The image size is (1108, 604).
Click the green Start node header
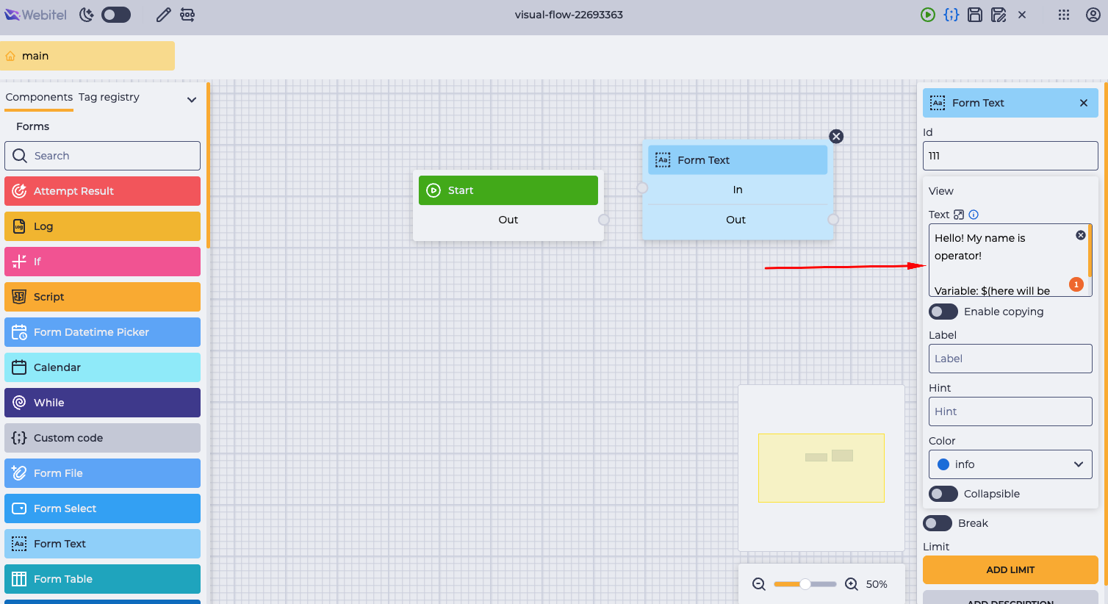pos(508,190)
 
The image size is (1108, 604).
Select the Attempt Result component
pos(102,191)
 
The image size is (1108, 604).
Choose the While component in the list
pos(102,403)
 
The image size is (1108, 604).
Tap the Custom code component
pos(102,438)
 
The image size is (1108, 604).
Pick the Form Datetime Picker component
pos(102,332)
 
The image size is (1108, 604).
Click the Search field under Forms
pos(102,156)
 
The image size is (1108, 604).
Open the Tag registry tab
pos(109,97)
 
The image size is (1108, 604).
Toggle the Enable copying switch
pos(943,312)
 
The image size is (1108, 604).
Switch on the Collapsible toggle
pos(943,494)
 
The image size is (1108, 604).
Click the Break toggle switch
pos(937,523)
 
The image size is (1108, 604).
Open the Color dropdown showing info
pos(1010,464)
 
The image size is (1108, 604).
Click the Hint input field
pos(1010,411)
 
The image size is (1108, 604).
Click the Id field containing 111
pos(1010,156)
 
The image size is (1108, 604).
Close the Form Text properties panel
pos(1084,103)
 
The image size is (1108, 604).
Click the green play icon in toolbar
pos(928,15)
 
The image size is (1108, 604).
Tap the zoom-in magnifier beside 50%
pos(852,584)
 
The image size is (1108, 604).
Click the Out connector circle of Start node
pos(603,220)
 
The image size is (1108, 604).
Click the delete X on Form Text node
pos(836,137)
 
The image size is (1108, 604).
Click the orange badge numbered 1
pos(1076,284)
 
